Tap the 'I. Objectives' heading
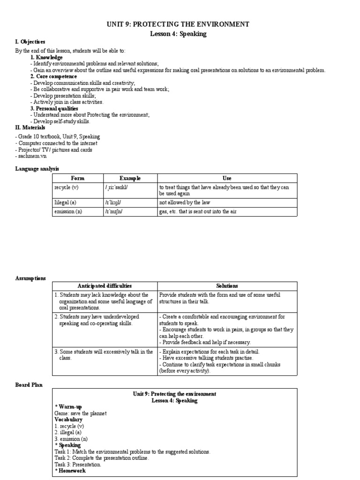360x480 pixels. click(29, 42)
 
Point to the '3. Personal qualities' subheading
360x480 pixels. click(54, 108)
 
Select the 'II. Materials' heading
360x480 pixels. click(30, 127)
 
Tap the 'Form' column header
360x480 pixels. click(77, 178)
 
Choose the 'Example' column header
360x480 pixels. click(130, 178)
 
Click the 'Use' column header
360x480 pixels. click(227, 178)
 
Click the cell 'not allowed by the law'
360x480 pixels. click(185, 202)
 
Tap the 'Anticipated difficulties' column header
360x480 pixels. click(104, 285)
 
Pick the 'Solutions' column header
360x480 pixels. click(227, 285)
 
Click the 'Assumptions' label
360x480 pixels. click(30, 277)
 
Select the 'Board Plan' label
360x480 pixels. click(29, 385)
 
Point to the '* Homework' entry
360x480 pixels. click(70, 470)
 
